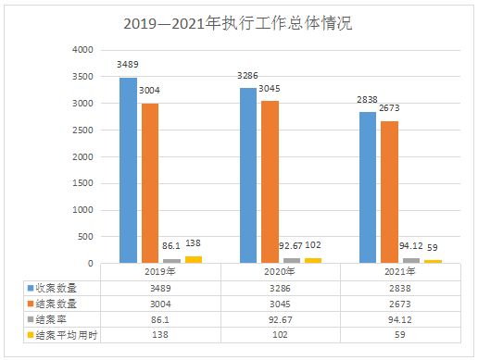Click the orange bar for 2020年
coord(270,181)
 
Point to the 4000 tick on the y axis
coord(82,50)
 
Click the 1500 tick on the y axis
coord(82,184)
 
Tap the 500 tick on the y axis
coord(85,238)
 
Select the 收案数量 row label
coord(59,288)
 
